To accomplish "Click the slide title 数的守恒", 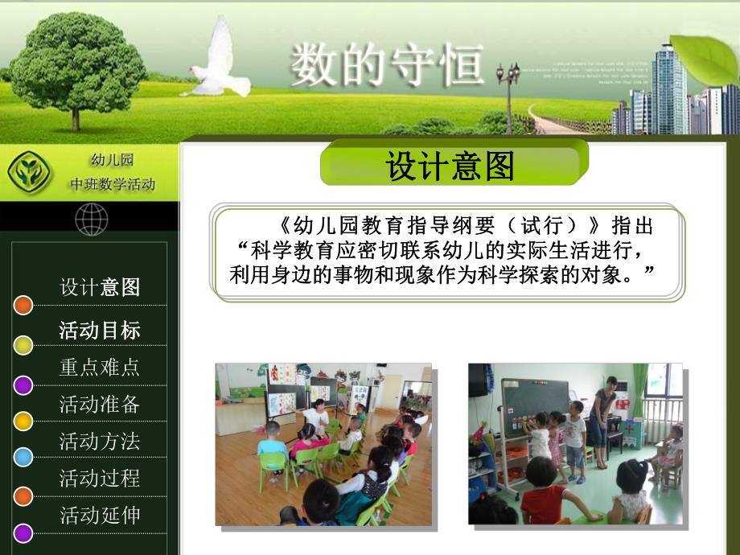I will point(387,65).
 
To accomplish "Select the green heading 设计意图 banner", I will point(454,165).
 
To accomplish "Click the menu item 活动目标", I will point(100,330).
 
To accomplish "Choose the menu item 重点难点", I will point(100,367).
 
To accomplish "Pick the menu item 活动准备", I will point(100,404).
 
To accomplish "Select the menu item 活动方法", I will point(100,441).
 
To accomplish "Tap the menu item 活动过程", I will point(100,478).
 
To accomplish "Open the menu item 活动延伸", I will point(100,515).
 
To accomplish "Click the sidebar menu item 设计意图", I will point(100,287).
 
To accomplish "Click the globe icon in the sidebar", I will point(91,219).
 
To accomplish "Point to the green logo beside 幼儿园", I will point(27,171).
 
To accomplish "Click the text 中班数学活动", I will point(112,185).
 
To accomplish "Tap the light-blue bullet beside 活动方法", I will point(23,457).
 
